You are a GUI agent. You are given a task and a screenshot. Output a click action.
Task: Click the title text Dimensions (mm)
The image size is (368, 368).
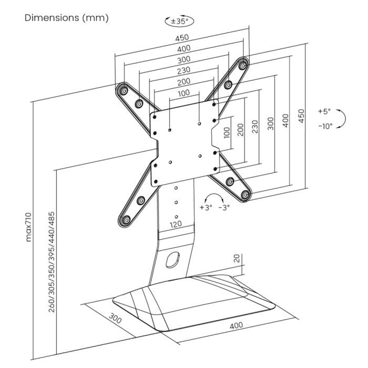tap(67, 18)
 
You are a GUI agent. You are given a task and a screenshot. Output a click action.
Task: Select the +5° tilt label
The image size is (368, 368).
tap(324, 111)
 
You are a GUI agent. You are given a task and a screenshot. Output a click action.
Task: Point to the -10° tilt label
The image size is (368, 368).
tap(325, 126)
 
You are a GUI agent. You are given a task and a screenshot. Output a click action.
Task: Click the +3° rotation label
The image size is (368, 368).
tap(206, 207)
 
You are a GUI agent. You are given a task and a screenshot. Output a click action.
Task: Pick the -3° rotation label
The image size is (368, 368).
tap(224, 207)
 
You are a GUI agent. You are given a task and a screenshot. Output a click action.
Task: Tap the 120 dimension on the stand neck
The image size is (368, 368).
tap(176, 225)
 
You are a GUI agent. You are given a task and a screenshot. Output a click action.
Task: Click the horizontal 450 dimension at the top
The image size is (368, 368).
tap(182, 37)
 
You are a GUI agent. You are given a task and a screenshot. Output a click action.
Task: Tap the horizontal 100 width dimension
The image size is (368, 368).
tap(184, 93)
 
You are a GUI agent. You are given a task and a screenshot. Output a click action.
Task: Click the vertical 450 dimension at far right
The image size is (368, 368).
tap(301, 116)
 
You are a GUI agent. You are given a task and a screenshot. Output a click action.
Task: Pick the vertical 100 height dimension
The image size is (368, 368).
tap(227, 131)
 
